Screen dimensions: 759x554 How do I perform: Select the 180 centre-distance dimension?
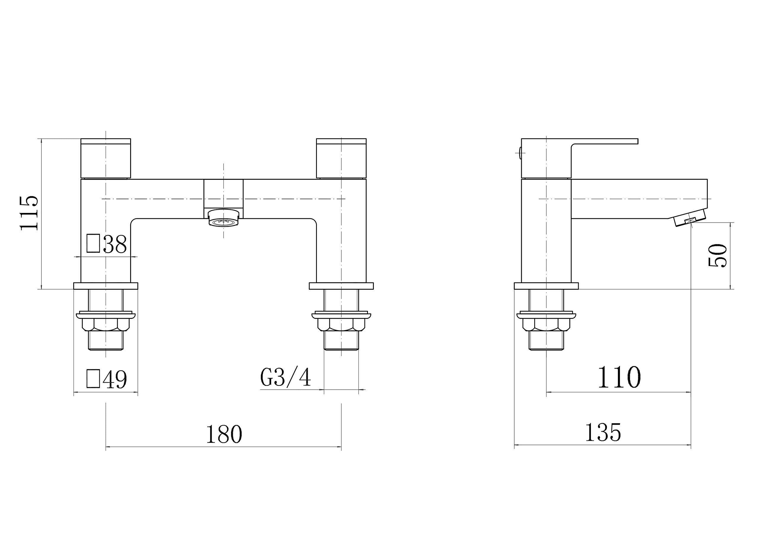click(x=224, y=434)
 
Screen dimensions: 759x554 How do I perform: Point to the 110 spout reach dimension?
click(x=620, y=377)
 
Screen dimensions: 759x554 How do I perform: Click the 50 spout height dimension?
click(x=718, y=256)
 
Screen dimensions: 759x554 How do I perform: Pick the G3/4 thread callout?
click(x=286, y=377)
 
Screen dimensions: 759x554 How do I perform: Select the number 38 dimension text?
click(x=115, y=244)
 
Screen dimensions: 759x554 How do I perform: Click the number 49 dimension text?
click(x=115, y=379)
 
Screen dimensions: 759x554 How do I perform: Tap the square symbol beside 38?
click(x=93, y=243)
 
